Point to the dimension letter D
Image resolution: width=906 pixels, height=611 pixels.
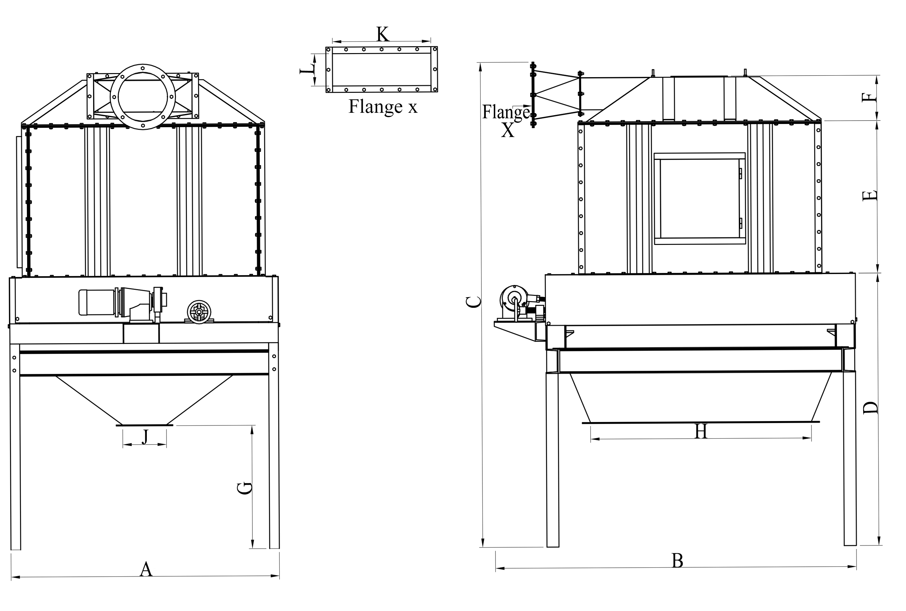[870, 408]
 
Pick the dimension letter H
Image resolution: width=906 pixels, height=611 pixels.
[701, 432]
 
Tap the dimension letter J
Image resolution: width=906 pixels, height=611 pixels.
[145, 437]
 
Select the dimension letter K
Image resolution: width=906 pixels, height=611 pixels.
[382, 34]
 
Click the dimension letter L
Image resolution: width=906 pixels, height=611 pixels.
[307, 70]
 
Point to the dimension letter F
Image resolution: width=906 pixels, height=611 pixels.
[869, 97]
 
